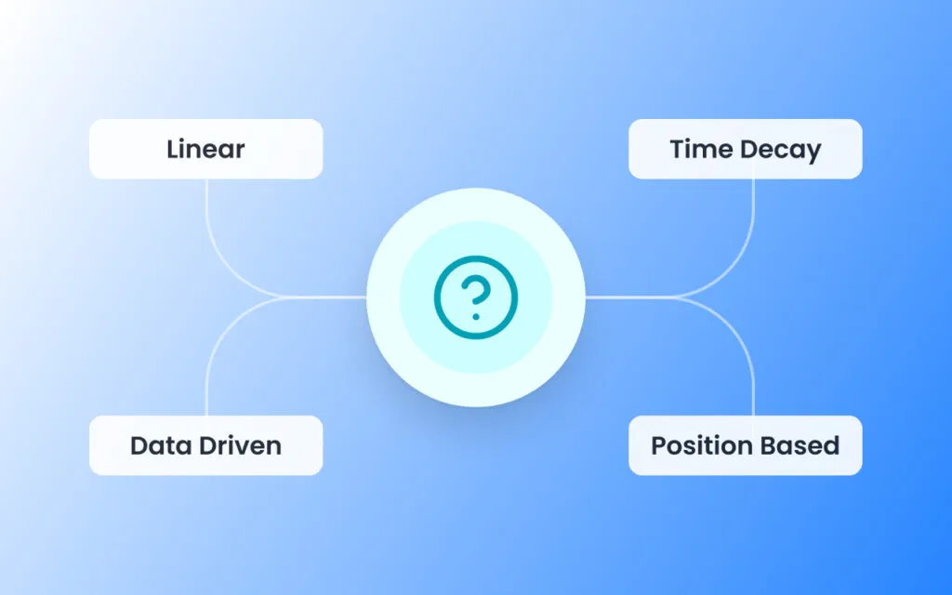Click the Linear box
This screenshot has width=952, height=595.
coord(205,149)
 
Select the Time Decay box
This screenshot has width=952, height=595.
coord(745,149)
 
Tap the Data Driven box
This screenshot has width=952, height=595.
coord(205,445)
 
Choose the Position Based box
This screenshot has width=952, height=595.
coord(745,445)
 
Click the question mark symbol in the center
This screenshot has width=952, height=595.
coord(476,297)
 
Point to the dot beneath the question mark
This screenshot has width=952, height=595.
coord(476,316)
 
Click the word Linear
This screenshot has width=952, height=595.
coord(205,149)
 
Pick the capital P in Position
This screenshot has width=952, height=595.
coord(659,445)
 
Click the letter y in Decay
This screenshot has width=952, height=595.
coord(813,153)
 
